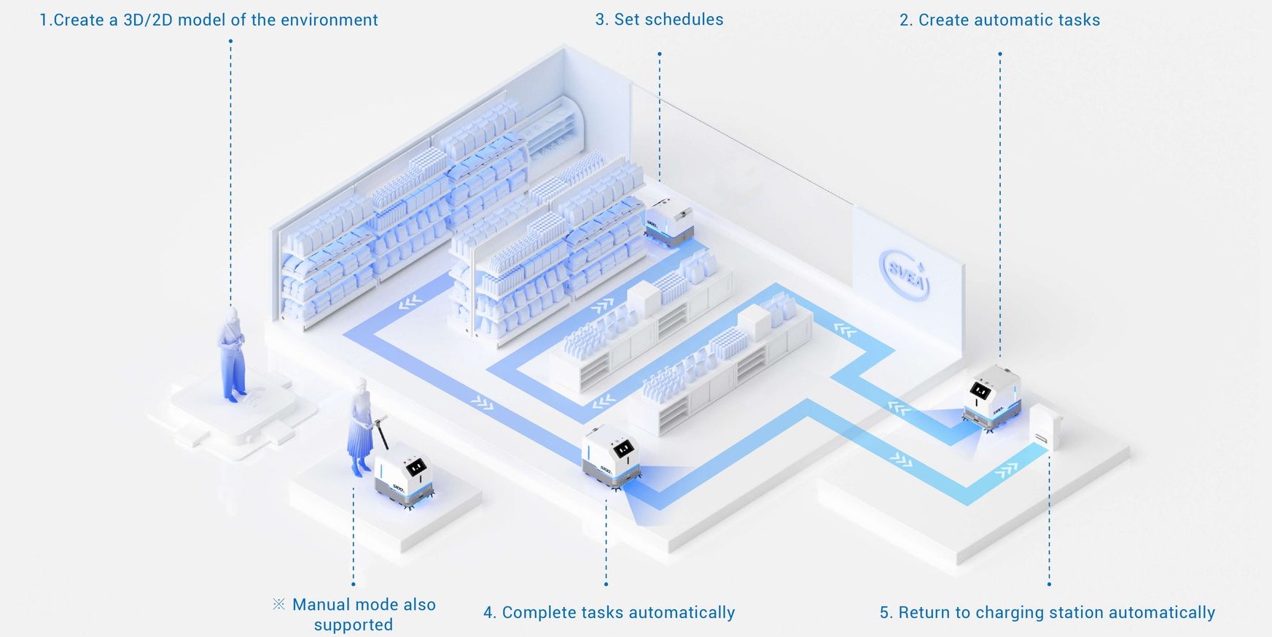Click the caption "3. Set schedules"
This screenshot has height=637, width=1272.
(x=659, y=20)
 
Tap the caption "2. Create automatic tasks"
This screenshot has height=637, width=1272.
(x=999, y=20)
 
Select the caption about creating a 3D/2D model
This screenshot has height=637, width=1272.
(x=208, y=20)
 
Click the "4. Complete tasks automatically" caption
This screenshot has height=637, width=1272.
(x=609, y=613)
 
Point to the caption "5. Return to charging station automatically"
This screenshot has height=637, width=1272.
(x=1047, y=613)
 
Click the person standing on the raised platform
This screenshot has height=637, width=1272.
(x=232, y=354)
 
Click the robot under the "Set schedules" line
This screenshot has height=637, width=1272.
(x=668, y=223)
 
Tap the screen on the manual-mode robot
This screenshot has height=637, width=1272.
(x=415, y=467)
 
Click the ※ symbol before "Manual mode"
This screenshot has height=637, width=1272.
(x=278, y=604)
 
